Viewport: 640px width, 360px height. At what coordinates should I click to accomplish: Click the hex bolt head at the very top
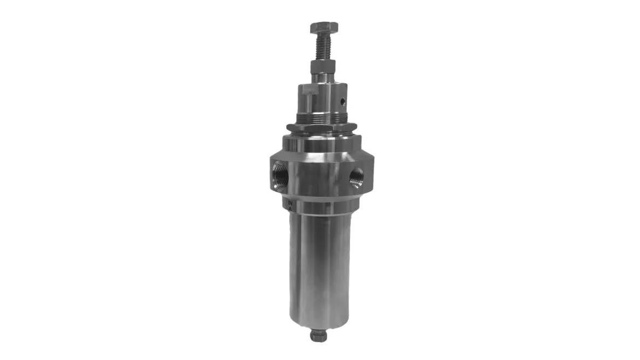click(323, 27)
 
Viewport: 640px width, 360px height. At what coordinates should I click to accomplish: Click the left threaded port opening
click(279, 175)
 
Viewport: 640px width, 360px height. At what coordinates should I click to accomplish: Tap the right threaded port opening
click(356, 176)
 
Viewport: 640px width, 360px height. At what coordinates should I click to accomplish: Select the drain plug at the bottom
click(318, 335)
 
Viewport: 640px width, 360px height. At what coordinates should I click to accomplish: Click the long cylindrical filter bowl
click(318, 263)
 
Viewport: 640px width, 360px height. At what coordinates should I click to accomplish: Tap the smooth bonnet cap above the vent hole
click(327, 88)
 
